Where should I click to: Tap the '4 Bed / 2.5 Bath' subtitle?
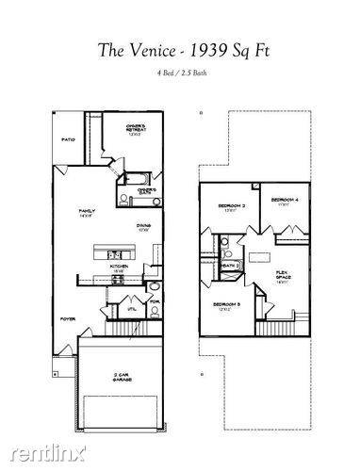(x=179, y=73)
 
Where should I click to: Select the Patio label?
(x=68, y=138)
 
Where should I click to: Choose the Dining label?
(x=144, y=225)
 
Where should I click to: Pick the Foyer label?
(x=69, y=319)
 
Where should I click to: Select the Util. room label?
(x=132, y=307)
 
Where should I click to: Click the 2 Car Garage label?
(x=121, y=378)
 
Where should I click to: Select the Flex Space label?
(x=281, y=274)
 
